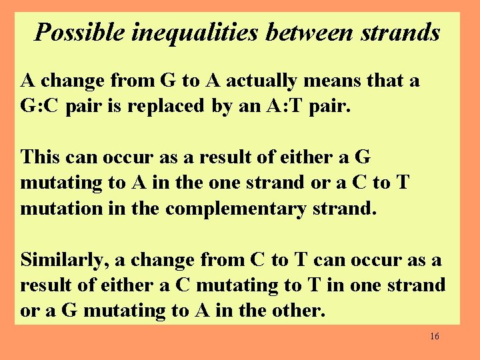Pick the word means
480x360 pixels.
[x=335, y=81]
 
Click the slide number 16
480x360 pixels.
[x=434, y=337]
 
